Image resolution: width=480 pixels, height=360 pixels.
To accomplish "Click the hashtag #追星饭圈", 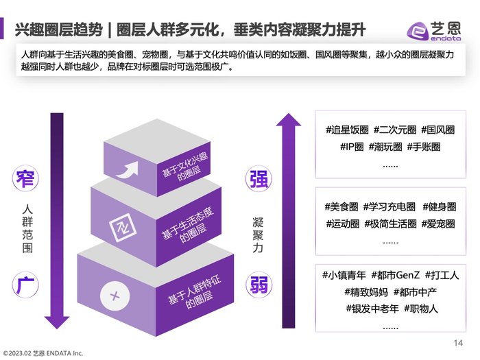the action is click(347, 130).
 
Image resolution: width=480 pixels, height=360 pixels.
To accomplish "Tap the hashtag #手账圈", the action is click(423, 147).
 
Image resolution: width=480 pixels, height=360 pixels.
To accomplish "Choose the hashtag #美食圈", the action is click(341, 206).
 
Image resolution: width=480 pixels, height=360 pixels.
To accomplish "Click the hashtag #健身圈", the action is click(440, 206).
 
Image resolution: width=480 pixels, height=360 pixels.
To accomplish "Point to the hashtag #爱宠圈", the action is click(437, 224).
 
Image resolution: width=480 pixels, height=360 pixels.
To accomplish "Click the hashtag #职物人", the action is click(425, 308).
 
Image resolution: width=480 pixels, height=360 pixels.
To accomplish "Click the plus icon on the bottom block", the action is click(115, 296).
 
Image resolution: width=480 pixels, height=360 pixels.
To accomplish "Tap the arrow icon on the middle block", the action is click(125, 228).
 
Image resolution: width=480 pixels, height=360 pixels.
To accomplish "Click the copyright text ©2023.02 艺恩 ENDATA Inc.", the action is click(43, 353).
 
